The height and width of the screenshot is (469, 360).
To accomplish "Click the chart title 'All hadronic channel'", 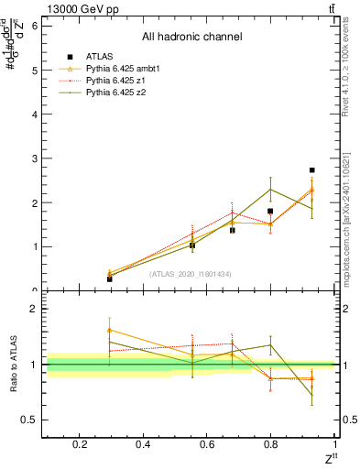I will coord(191,37).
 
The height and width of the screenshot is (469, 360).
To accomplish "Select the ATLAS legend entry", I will coord(96,57).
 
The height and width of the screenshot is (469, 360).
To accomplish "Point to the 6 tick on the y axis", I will coord(35,26).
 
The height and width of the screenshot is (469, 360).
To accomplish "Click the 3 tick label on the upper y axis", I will coord(35,158).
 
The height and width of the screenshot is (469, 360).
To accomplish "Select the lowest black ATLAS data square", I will coord(109,278).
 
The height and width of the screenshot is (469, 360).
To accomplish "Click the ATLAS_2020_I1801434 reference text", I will coord(191,274).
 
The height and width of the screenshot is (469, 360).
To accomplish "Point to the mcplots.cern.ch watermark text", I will coord(352,238).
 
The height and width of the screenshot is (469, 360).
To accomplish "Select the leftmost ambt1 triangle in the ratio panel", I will coord(109,330).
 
